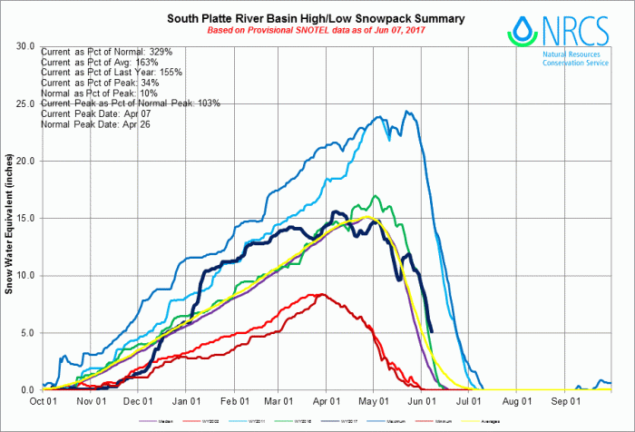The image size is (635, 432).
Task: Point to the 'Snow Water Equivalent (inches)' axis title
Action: coord(10,217)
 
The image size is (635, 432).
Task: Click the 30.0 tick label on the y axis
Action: coord(25,46)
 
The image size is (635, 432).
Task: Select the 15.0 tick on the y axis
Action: coord(25,218)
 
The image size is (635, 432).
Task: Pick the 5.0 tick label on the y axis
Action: coord(27,333)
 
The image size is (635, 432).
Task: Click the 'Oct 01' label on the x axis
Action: coord(44,399)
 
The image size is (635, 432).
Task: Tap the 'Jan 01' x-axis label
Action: coord(185,399)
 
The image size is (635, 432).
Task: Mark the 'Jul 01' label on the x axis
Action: coord(468,399)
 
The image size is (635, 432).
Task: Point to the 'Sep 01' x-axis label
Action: coord(564,399)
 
